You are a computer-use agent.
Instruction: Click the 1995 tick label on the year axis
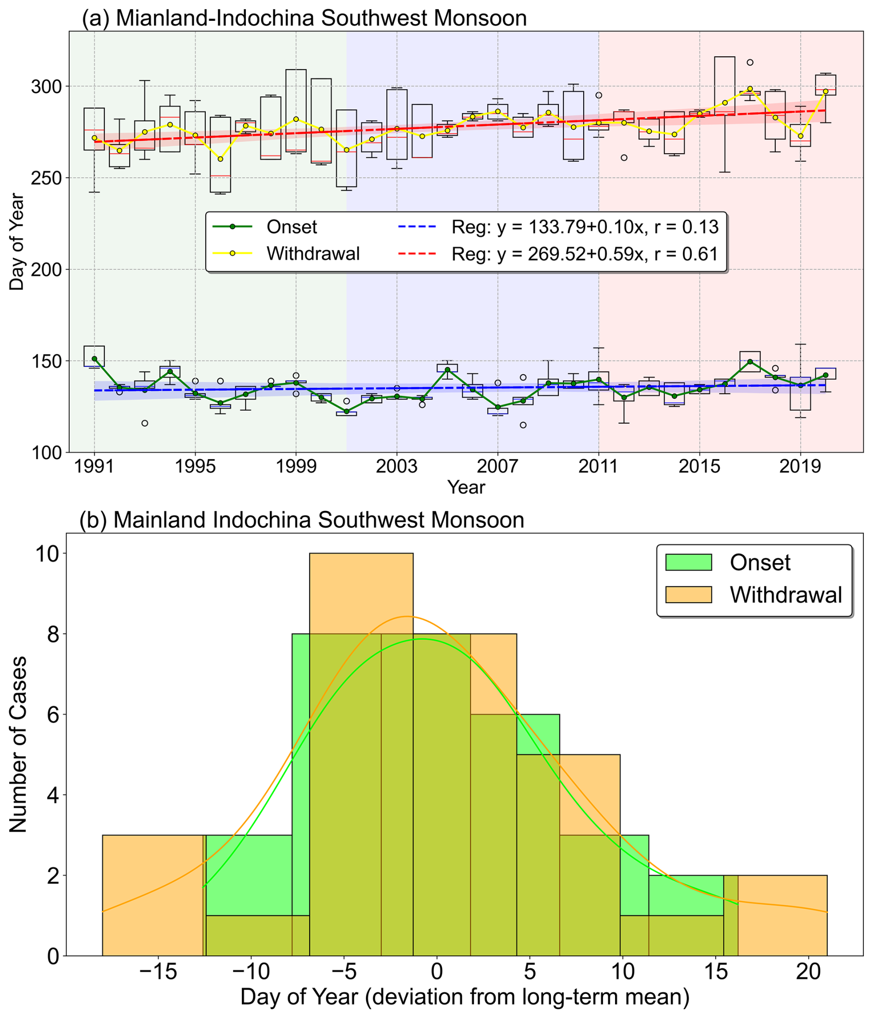click(x=195, y=466)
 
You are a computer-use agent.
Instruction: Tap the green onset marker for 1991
click(x=94, y=359)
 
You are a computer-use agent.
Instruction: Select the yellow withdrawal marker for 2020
click(x=825, y=91)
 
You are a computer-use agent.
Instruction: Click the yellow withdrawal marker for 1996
click(x=220, y=159)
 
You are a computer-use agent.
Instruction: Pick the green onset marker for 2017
click(x=750, y=362)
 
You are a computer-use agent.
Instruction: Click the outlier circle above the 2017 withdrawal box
click(x=750, y=62)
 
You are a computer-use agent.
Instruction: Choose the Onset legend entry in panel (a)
click(x=291, y=227)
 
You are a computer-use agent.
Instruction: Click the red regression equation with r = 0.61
click(x=585, y=253)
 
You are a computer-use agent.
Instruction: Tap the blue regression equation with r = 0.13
click(x=585, y=227)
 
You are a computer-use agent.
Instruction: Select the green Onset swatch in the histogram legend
click(x=688, y=562)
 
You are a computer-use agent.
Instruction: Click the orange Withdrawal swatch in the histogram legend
click(x=688, y=594)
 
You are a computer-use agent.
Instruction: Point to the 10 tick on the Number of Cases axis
click(x=47, y=554)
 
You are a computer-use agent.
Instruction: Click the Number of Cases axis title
click(x=18, y=744)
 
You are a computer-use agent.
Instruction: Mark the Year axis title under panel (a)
click(x=466, y=487)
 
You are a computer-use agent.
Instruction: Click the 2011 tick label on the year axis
click(x=598, y=466)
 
